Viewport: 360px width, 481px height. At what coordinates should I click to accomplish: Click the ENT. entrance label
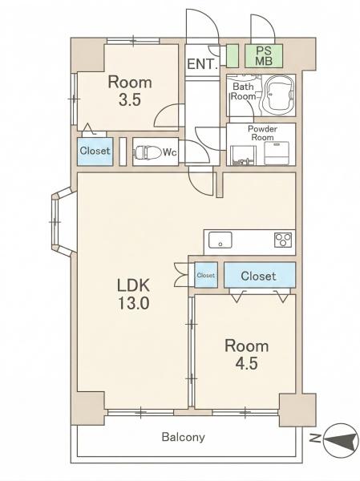pos(202,64)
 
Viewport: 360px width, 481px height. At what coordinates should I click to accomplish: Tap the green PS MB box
pos(264,56)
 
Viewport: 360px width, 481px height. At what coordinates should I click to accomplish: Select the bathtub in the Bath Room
pos(277,95)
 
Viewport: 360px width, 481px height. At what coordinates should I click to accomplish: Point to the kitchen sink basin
pos(220,240)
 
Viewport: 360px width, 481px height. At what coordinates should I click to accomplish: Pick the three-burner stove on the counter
pos(283,240)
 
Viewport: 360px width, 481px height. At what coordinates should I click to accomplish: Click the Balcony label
pos(184,437)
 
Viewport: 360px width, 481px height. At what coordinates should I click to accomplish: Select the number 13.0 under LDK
pos(133,303)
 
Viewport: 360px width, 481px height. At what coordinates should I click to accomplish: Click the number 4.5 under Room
pos(246,363)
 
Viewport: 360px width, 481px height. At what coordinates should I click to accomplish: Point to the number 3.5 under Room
pos(130,99)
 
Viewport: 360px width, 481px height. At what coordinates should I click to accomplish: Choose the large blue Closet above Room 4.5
pos(260,275)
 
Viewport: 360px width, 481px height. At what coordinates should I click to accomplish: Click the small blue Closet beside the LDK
pos(206,275)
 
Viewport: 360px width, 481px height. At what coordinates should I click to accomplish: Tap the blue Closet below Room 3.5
pos(95,152)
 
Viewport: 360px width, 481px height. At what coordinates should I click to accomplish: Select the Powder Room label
pos(262,133)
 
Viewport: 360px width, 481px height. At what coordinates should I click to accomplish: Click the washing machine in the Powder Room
pos(277,153)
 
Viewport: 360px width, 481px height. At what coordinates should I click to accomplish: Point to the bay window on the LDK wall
pos(63,222)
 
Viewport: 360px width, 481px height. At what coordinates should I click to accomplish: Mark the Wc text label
pos(170,152)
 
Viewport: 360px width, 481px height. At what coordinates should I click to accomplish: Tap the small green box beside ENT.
pos(233,56)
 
